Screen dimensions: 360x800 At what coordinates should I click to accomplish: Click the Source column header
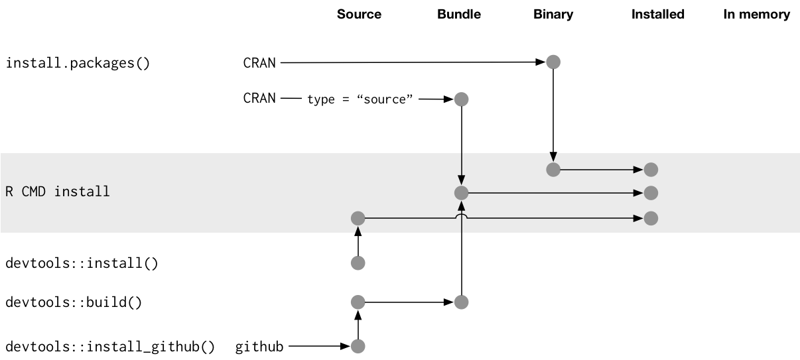(x=359, y=14)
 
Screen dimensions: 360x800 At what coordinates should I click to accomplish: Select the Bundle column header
(x=459, y=14)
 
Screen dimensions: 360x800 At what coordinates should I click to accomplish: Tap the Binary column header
(x=553, y=14)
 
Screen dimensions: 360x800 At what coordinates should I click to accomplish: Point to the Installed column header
(x=657, y=14)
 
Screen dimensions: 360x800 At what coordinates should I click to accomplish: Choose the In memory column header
(x=757, y=14)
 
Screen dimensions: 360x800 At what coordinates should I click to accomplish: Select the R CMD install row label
(x=58, y=192)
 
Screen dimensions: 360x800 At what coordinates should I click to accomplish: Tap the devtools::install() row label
(x=82, y=263)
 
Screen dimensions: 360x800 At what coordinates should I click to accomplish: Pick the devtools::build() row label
(x=74, y=302)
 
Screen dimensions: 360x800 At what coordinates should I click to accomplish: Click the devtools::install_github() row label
(x=110, y=347)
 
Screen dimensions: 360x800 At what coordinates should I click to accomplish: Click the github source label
(x=259, y=347)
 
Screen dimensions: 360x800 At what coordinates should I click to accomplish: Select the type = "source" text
(x=360, y=99)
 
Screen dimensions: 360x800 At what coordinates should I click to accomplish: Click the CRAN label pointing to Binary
(x=259, y=63)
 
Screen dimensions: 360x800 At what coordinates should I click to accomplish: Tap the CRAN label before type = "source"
(x=259, y=98)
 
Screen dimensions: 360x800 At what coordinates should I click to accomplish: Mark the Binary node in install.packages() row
(x=553, y=62)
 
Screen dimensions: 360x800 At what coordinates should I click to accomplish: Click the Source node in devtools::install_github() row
(x=358, y=346)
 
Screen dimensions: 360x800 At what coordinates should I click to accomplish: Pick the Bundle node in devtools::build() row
(x=462, y=302)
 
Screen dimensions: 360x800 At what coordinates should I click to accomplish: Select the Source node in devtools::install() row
(x=358, y=263)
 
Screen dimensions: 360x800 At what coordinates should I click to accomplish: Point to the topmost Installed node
(x=651, y=170)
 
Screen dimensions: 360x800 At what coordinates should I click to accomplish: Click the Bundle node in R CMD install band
(x=462, y=193)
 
